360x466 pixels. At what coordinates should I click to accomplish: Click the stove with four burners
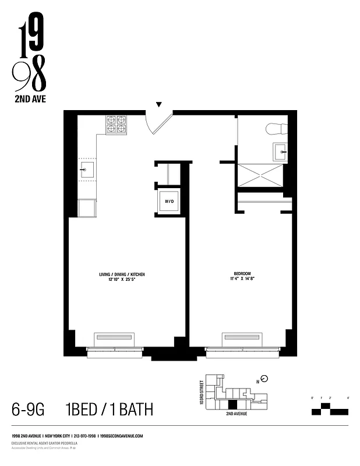click(x=116, y=124)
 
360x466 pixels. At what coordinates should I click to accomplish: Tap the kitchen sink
click(x=86, y=170)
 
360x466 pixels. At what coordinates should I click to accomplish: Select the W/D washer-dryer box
click(x=169, y=202)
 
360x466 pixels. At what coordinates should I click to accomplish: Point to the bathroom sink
click(x=280, y=153)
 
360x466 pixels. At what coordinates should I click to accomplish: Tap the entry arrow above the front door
click(x=158, y=105)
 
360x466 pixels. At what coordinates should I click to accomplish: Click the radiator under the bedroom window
click(x=241, y=338)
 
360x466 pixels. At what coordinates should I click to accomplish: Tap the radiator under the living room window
click(x=115, y=338)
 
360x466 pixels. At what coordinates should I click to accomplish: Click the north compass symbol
click(x=264, y=379)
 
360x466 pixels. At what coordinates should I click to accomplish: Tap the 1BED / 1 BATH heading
click(x=109, y=410)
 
